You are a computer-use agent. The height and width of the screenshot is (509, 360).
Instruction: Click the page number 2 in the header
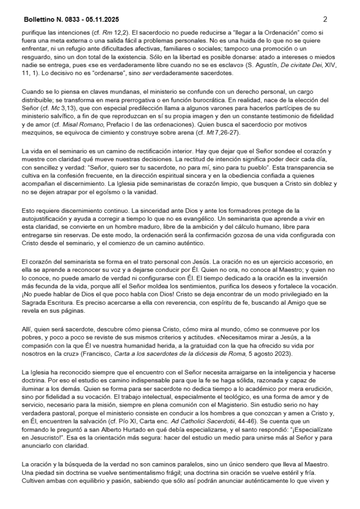click(325, 20)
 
